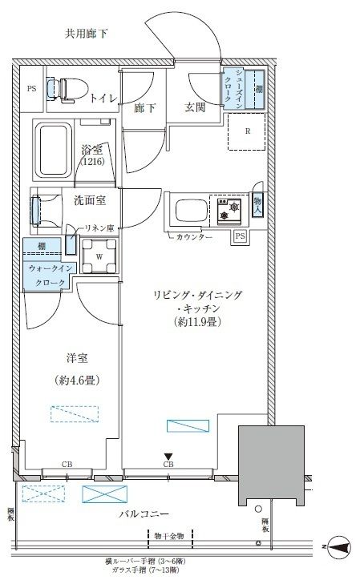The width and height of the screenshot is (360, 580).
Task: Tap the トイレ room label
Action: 103,99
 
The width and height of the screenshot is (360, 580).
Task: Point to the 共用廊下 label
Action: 86,33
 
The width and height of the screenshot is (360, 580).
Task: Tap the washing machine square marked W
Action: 99,256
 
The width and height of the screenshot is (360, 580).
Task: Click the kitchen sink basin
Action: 187,212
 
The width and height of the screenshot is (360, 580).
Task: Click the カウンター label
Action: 195,238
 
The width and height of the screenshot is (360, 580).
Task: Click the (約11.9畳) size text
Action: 197,323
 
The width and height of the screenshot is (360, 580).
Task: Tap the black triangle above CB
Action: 168,456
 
